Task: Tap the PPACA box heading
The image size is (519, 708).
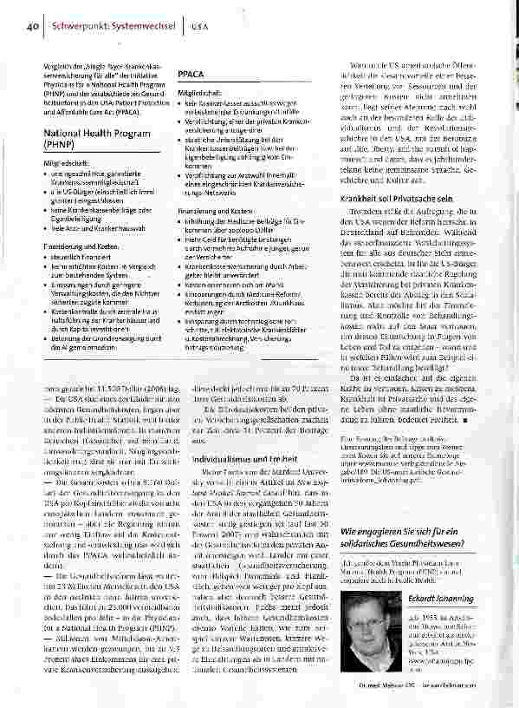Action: click(x=191, y=75)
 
